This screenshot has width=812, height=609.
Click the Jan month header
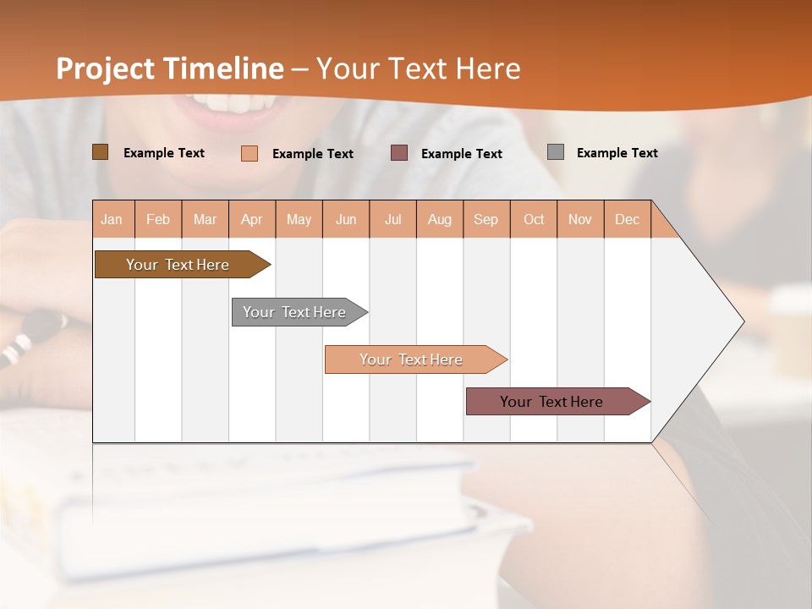click(112, 219)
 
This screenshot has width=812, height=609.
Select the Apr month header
click(251, 219)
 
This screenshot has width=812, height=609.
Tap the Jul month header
click(392, 219)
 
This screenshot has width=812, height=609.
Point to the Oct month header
click(534, 219)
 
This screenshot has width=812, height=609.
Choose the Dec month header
click(627, 219)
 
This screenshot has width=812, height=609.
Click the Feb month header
click(158, 219)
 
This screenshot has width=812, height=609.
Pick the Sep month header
click(486, 219)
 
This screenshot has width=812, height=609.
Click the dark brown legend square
click(101, 152)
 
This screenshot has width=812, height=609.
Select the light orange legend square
click(250, 153)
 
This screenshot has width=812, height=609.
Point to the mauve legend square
click(399, 153)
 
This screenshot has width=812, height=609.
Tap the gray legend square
click(556, 152)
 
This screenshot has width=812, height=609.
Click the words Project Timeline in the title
click(169, 69)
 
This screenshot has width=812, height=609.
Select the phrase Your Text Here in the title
click(418, 69)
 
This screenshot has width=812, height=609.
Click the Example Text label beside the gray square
click(617, 153)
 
